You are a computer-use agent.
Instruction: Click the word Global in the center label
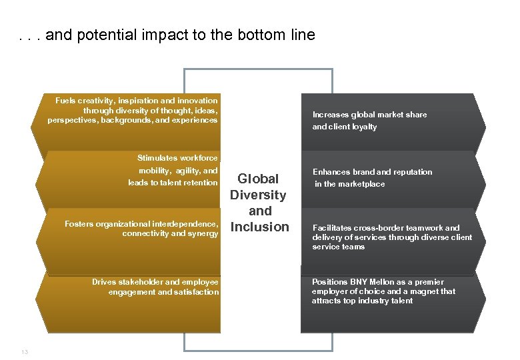pyautogui.click(x=258, y=179)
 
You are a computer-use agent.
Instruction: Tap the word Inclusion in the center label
pyautogui.click(x=259, y=227)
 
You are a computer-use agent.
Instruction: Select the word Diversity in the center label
pyautogui.click(x=258, y=195)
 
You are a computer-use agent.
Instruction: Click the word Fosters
pyautogui.click(x=79, y=224)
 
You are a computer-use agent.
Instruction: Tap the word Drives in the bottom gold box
pyautogui.click(x=103, y=282)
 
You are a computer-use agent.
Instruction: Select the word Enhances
pyautogui.click(x=331, y=172)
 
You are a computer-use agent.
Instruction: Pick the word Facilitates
pyautogui.click(x=333, y=228)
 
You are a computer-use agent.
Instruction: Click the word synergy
pyautogui.click(x=203, y=234)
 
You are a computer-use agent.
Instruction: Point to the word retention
pyautogui.click(x=201, y=183)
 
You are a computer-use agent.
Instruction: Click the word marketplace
pyautogui.click(x=363, y=184)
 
